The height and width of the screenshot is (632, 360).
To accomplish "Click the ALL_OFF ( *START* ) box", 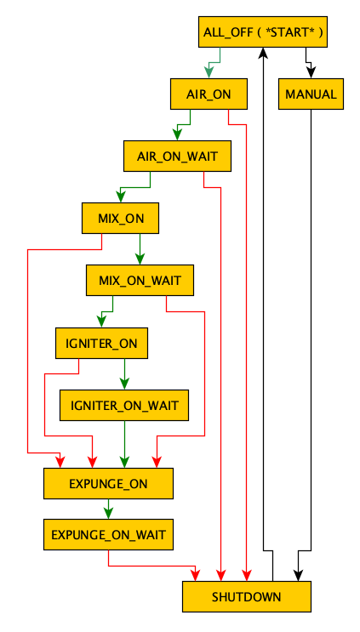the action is pyautogui.click(x=262, y=31).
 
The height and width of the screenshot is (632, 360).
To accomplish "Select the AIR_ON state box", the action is pyautogui.click(x=209, y=94).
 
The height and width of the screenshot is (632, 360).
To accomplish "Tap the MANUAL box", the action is pyautogui.click(x=311, y=94).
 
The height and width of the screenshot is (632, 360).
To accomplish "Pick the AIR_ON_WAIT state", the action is pyautogui.click(x=177, y=156).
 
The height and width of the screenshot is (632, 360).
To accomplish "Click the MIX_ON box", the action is pyautogui.click(x=121, y=218).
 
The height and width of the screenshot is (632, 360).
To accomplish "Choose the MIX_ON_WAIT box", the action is pyautogui.click(x=140, y=280).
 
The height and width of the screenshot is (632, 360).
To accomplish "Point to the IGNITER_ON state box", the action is pyautogui.click(x=101, y=343).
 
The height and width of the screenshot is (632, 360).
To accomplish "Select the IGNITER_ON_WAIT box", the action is pyautogui.click(x=124, y=405).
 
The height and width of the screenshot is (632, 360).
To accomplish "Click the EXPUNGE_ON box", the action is pyautogui.click(x=108, y=483).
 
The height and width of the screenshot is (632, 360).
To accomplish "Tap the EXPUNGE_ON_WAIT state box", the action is pyautogui.click(x=108, y=534).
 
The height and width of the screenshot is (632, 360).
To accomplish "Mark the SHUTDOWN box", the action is pyautogui.click(x=247, y=596).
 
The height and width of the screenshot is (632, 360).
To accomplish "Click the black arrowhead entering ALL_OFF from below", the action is pyautogui.click(x=263, y=54).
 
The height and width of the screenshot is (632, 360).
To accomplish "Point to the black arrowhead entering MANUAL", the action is pyautogui.click(x=311, y=72).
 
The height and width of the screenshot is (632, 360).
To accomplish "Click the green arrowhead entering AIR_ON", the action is pyautogui.click(x=209, y=72).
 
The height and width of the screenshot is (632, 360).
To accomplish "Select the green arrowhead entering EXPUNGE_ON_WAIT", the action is pyautogui.click(x=108, y=513).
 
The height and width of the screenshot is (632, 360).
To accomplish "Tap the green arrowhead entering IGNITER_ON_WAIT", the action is pyautogui.click(x=124, y=384).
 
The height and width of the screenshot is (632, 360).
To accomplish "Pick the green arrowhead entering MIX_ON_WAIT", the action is pyautogui.click(x=140, y=259).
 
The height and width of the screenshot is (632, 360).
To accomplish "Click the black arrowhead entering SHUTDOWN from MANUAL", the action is pyautogui.click(x=298, y=575).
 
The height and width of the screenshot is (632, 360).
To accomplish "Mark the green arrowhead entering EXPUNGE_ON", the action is pyautogui.click(x=124, y=462).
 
